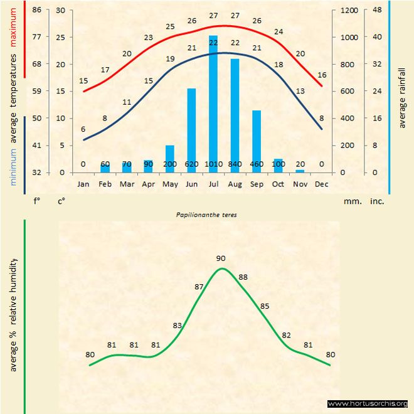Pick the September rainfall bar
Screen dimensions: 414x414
[x=256, y=139]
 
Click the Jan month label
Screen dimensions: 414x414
[x=83, y=184]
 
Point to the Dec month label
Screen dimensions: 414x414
[x=321, y=184]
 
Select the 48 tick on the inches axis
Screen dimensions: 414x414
[x=377, y=11]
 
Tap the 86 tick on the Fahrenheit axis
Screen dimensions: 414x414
[x=38, y=11]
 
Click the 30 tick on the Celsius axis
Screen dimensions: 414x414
[x=60, y=11]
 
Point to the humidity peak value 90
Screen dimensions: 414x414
[x=221, y=258]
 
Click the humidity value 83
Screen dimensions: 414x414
[x=178, y=326]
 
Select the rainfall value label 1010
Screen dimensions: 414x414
[x=213, y=164]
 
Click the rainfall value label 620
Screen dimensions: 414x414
[x=192, y=164]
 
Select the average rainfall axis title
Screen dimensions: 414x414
[x=402, y=97]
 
